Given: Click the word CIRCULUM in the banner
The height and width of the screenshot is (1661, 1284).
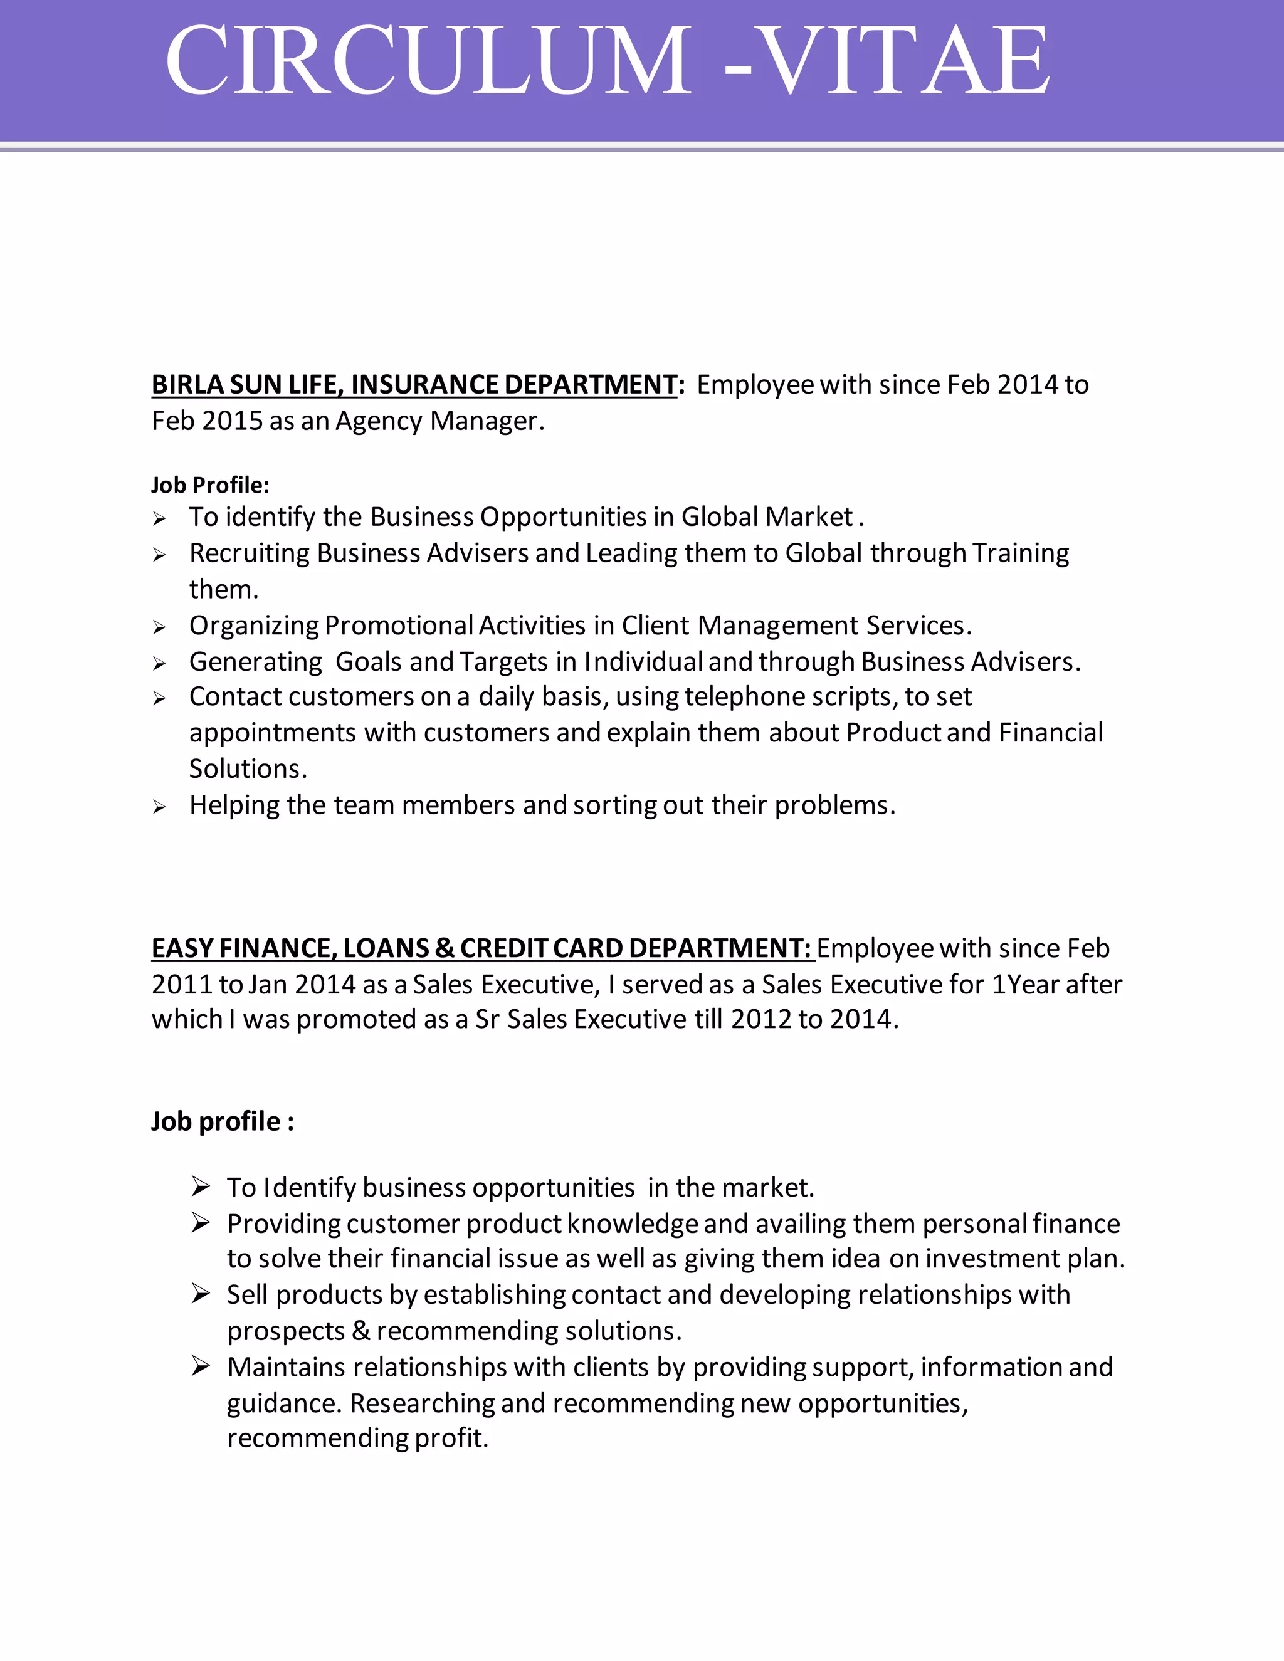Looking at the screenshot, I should pyautogui.click(x=428, y=61).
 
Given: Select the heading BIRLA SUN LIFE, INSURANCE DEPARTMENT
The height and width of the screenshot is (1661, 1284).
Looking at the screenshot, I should pyautogui.click(x=414, y=385).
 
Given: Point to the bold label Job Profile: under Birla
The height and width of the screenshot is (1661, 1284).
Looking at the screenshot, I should pyautogui.click(x=210, y=485).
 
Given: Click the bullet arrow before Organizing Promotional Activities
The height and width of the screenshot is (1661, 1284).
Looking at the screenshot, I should pyautogui.click(x=159, y=627).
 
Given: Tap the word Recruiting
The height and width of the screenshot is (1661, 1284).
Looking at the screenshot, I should pyautogui.click(x=250, y=553).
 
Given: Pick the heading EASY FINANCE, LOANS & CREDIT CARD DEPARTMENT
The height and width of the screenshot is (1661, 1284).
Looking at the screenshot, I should pyautogui.click(x=481, y=948).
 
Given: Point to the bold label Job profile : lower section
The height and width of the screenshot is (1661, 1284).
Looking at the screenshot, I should pyautogui.click(x=222, y=1122).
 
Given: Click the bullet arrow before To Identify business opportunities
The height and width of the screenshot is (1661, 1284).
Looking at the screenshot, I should pyautogui.click(x=200, y=1187).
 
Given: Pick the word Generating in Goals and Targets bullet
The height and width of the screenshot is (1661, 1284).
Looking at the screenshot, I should pyautogui.click(x=256, y=663).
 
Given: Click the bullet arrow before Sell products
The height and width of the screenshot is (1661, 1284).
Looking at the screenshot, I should pyautogui.click(x=200, y=1294).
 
